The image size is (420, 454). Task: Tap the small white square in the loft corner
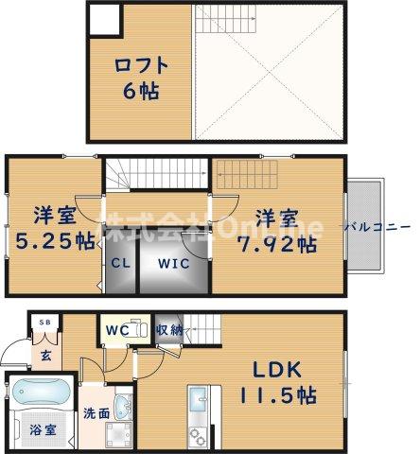[x=104, y=18]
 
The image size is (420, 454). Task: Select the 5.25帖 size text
[x=53, y=240]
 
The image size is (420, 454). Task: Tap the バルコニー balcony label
[x=376, y=227]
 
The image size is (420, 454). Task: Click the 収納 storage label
[x=169, y=330]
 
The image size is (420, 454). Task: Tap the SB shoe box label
[x=44, y=323]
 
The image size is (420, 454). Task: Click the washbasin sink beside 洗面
[x=119, y=434]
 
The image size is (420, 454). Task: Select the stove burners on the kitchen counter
[x=200, y=435]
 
